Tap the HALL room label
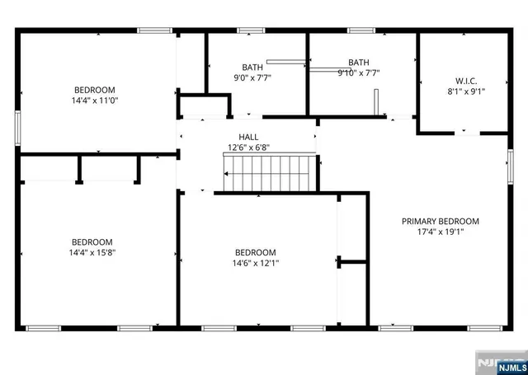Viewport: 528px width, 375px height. point(248,138)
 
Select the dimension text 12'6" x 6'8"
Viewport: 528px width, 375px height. point(248,148)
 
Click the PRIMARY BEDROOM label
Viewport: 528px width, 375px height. point(440,221)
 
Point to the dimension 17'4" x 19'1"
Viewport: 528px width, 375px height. point(440,232)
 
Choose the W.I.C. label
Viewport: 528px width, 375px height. point(466,81)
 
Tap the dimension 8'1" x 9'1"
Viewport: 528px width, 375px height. point(466,92)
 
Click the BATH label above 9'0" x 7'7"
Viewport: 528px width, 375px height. point(252,67)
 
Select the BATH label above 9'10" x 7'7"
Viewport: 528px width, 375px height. point(359,62)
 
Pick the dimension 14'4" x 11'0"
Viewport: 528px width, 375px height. point(94,101)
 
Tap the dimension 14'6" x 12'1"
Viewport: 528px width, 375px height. point(255,264)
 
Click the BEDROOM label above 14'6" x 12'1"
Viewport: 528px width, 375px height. point(255,252)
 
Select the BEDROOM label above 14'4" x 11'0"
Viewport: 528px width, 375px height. point(94,90)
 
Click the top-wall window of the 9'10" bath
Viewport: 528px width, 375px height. point(361,31)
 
